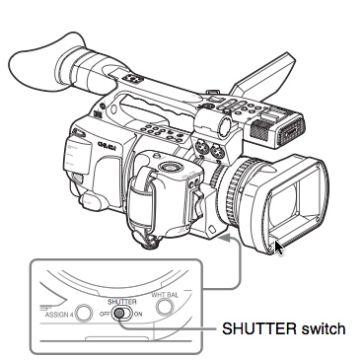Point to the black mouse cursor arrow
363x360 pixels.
click(x=280, y=248)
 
